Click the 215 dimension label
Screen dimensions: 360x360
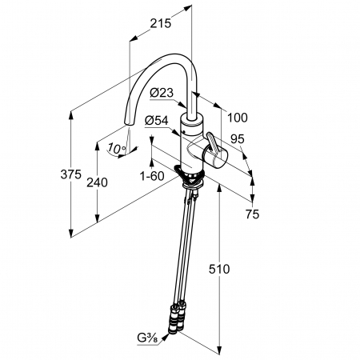pos(160,23)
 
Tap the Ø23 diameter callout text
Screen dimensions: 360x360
pos(162,93)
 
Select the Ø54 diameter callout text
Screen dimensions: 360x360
pos(157,121)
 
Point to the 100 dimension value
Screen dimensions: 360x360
pos(238,118)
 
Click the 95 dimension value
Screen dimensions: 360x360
pos(238,139)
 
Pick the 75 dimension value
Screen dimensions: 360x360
pos(252,214)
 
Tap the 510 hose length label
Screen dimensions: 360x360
pos(219,269)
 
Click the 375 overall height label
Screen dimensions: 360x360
pos(70,174)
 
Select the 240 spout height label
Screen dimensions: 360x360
pos(97,182)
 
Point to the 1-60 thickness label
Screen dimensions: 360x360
pos(152,176)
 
